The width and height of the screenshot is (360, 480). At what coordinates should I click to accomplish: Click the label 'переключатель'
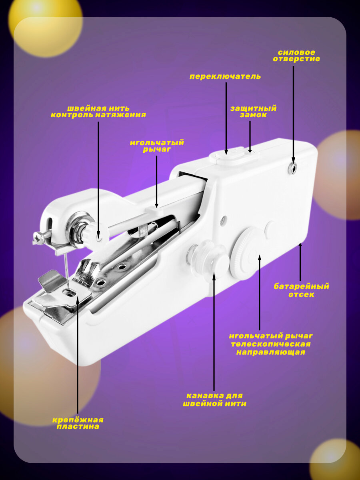pyautogui.click(x=225, y=76)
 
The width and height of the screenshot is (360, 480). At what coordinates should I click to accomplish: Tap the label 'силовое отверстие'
pyautogui.click(x=296, y=56)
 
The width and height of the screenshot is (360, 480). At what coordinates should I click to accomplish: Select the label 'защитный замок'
pyautogui.click(x=253, y=112)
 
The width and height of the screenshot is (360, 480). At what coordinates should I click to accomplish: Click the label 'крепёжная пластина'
pyautogui.click(x=78, y=423)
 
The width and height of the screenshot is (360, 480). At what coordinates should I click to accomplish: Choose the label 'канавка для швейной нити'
pyautogui.click(x=214, y=400)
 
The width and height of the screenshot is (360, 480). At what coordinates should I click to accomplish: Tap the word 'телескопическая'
pyautogui.click(x=270, y=344)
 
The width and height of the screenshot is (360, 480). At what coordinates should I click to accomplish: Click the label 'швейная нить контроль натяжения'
pyautogui.click(x=98, y=112)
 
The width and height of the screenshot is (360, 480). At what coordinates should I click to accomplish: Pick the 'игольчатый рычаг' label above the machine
pyautogui.click(x=156, y=146)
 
